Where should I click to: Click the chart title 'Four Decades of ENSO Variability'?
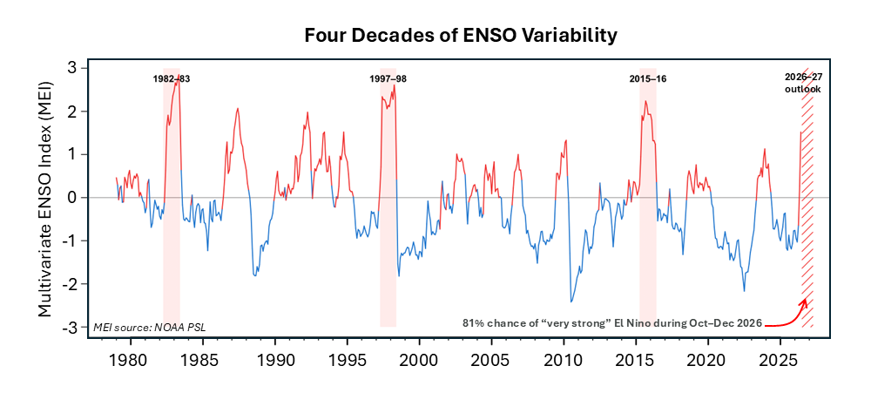click(x=461, y=36)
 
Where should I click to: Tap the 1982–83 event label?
click(x=172, y=79)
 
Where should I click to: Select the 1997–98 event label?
click(x=388, y=79)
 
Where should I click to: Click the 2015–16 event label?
click(x=648, y=79)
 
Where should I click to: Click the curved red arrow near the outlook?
click(x=787, y=315)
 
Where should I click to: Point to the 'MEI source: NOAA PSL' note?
click(x=150, y=326)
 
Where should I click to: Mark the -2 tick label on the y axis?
click(x=73, y=284)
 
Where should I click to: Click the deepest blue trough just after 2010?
click(x=571, y=302)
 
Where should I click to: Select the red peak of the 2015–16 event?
click(x=645, y=100)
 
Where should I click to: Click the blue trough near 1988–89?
click(x=255, y=275)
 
